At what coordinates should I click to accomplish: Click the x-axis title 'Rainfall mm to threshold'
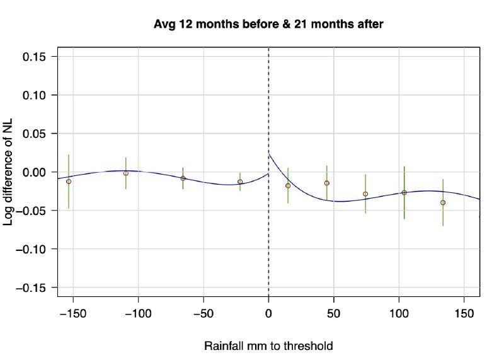point(268,346)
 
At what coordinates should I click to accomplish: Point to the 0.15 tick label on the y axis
point(37,57)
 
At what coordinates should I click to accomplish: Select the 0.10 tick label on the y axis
point(37,95)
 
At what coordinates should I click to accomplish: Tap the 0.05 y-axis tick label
point(37,134)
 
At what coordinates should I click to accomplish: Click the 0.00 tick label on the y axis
point(37,172)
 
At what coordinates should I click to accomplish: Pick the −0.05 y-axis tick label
point(33,211)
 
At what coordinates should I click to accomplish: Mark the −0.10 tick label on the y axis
point(33,249)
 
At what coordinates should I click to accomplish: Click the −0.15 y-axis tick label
point(33,287)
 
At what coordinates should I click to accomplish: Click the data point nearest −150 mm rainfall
point(69,181)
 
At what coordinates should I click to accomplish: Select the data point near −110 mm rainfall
point(126,173)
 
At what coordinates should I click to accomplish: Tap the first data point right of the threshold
point(288,185)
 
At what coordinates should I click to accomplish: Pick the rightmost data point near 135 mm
point(443,202)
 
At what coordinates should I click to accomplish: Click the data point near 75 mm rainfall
point(365,194)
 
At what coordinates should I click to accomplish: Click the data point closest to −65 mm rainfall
point(183,178)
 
